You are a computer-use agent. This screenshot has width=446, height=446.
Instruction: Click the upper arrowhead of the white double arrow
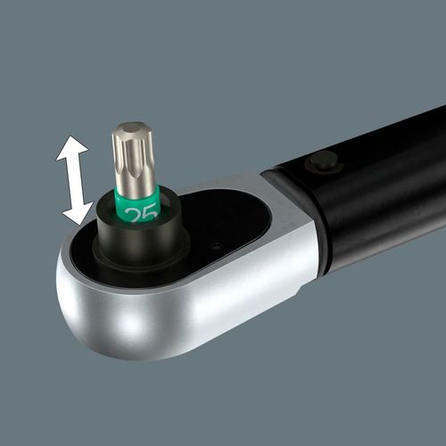(x=71, y=149)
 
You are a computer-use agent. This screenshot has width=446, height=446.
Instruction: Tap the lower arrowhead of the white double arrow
(x=78, y=212)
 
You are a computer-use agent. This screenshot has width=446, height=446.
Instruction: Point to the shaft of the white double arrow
(x=75, y=181)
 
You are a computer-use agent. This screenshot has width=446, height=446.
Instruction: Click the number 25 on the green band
(x=141, y=213)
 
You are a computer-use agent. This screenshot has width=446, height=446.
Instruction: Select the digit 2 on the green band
(x=133, y=215)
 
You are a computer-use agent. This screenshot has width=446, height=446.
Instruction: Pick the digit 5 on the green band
(x=151, y=211)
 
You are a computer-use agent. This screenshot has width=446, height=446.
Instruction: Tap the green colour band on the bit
(x=138, y=205)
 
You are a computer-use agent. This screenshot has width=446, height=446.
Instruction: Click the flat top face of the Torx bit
(x=133, y=128)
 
